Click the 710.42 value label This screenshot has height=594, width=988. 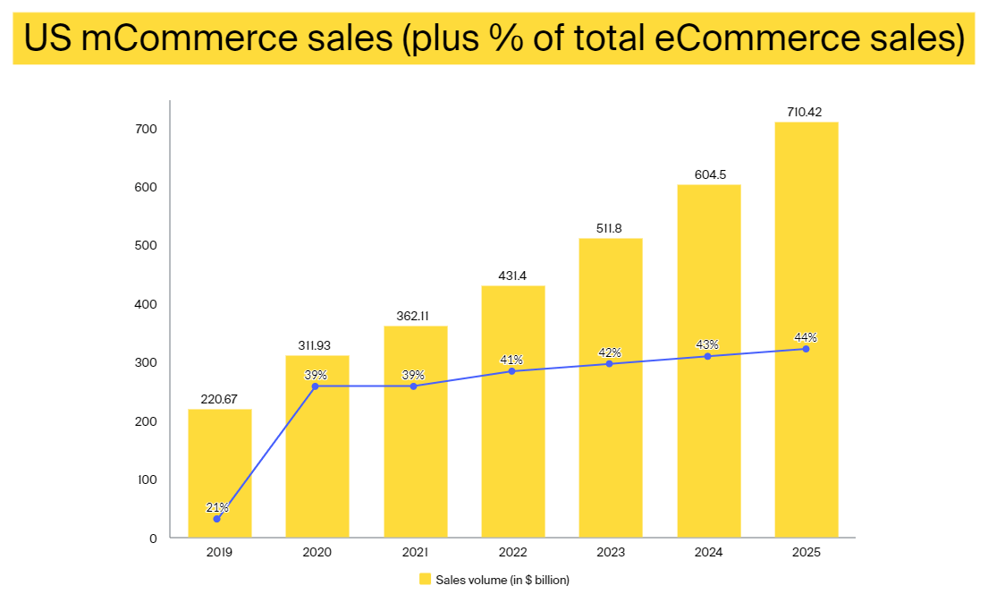point(806,112)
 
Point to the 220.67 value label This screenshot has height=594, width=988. point(219,399)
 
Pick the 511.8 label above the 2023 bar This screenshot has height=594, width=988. point(611,227)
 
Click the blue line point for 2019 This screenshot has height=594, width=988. point(216,519)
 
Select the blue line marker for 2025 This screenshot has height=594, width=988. point(806,349)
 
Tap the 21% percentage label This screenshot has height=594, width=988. point(217,508)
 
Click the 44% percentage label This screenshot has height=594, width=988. point(806,337)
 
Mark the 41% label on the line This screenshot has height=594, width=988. point(511,360)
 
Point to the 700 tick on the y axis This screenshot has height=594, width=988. point(146,129)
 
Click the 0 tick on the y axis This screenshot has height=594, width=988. point(153,538)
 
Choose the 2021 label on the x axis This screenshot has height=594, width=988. point(415,553)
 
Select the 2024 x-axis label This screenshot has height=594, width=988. point(709,553)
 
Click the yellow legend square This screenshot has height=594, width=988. point(425,579)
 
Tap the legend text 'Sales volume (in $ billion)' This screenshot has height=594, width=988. point(502,580)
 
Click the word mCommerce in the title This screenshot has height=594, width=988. point(167,38)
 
